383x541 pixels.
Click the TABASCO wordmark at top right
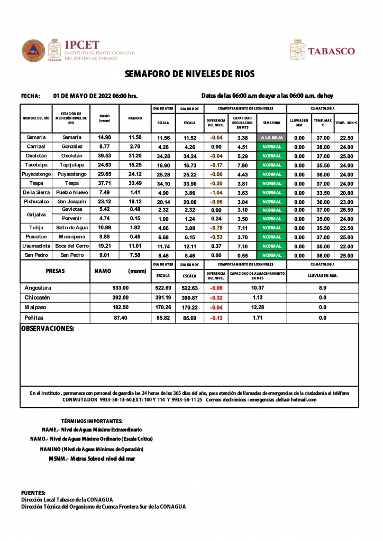pos(331,51)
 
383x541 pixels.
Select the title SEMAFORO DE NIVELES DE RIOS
pos(190,74)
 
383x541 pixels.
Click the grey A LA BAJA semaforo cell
pos(272,137)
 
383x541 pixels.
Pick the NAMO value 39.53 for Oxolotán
pos(105,156)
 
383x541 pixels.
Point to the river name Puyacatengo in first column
pos(36,174)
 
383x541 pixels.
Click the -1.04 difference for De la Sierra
pos(216,193)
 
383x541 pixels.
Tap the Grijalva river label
pos(36,214)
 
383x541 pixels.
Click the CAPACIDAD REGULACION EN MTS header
pos(243,123)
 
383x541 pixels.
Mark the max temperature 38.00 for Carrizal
pos(323,147)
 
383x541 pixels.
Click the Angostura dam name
pos(38,288)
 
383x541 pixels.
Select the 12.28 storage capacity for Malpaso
pos(258,307)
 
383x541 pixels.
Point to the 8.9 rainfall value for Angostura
pos(323,288)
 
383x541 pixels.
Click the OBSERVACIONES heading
pos(47,329)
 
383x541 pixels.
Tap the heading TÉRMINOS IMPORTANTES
pos(92,421)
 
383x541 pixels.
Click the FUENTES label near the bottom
pos(33,492)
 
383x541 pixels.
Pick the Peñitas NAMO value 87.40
pos(121,318)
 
